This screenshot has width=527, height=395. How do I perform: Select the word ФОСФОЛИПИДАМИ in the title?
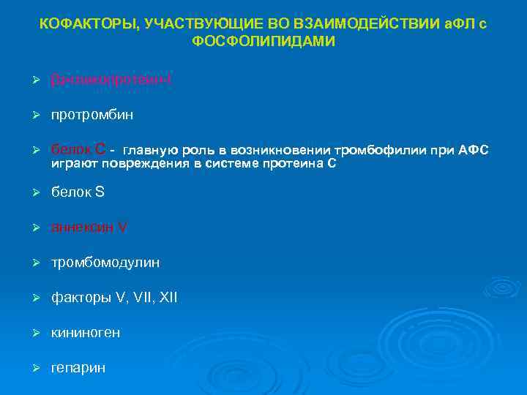[263, 42]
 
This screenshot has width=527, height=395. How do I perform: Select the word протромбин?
[92, 115]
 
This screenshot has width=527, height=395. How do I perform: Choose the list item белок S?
[78, 192]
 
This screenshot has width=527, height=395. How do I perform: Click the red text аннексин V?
[89, 227]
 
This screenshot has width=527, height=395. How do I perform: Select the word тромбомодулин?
[105, 262]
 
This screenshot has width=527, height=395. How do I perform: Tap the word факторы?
[81, 298]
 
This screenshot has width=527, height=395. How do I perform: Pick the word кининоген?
[86, 333]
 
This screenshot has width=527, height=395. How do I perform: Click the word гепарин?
[78, 368]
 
